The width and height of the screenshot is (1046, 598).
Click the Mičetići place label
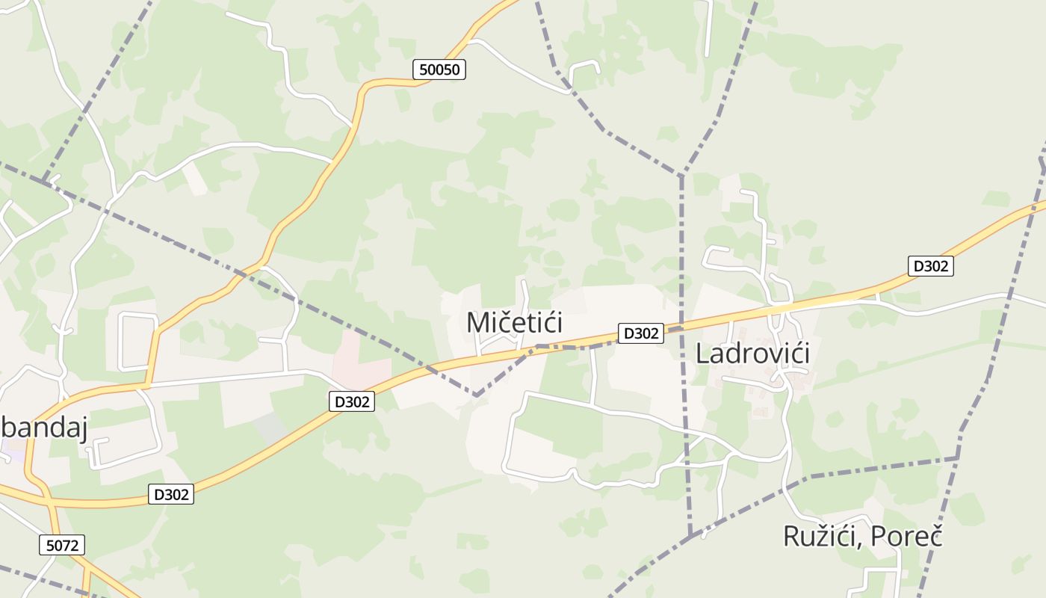pos(514,323)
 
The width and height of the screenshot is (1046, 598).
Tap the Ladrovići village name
pos(752,354)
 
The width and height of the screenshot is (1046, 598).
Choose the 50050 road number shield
pos(440,70)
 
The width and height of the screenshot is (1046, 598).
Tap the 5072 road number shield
pos(62,546)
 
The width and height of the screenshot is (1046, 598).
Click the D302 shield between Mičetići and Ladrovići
pos(640,333)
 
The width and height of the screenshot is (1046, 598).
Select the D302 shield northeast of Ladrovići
pos(930,266)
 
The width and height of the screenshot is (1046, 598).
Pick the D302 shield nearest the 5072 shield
pos(171,494)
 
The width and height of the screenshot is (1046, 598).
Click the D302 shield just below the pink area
pos(351,401)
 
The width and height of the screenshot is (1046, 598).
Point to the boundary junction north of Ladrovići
pos(681,175)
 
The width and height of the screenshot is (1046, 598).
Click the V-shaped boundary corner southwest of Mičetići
pos(476,395)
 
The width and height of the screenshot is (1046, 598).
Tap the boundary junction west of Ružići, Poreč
pos(692,534)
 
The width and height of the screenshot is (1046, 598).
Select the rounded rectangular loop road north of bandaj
pos(138,341)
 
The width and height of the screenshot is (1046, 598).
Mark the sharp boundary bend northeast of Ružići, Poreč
pos(958,457)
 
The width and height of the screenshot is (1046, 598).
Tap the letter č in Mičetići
pos(498,323)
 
